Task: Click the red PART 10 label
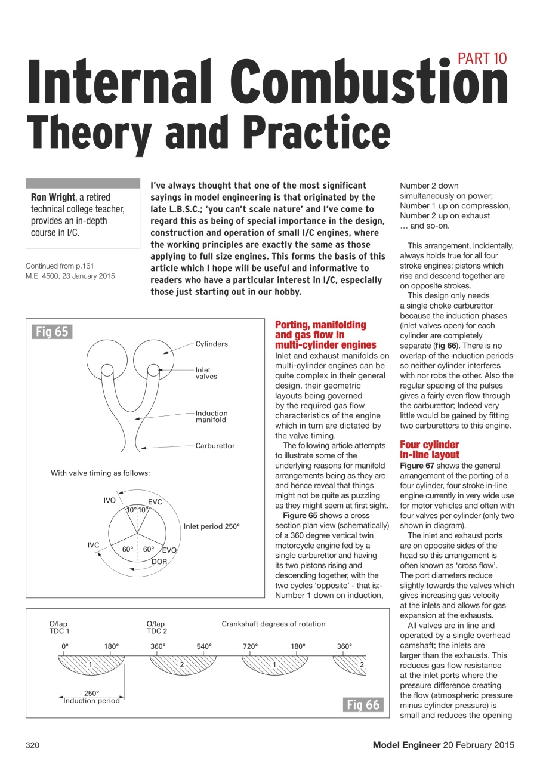(x=482, y=58)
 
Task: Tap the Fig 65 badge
(x=52, y=332)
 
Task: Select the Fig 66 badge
(x=363, y=705)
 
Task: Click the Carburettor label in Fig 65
(x=215, y=446)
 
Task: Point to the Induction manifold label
(x=211, y=417)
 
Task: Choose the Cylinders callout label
(x=211, y=344)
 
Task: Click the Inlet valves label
(x=206, y=374)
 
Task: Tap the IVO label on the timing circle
(x=109, y=500)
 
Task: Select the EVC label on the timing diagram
(x=155, y=502)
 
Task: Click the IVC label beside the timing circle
(x=93, y=545)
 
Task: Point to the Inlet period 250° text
(x=211, y=526)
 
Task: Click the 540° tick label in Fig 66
(x=205, y=646)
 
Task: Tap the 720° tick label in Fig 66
(x=251, y=646)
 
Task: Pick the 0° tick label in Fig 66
(x=65, y=646)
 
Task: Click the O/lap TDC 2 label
(x=156, y=627)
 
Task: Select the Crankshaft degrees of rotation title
(x=273, y=624)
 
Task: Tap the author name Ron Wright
(x=53, y=197)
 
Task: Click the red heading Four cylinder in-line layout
(x=430, y=450)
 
